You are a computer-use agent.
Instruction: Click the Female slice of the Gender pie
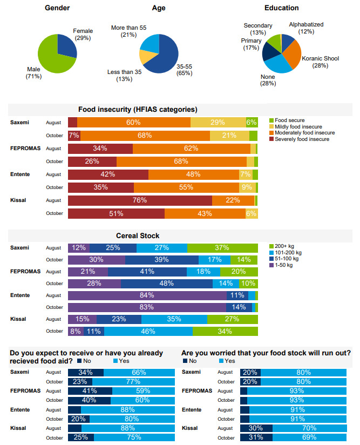[x=66, y=46]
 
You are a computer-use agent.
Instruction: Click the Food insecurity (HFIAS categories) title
[x=138, y=110]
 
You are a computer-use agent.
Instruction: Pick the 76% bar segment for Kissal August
[x=140, y=200]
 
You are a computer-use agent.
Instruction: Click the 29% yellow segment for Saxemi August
[x=218, y=123]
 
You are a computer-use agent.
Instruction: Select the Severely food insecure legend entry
[x=301, y=139]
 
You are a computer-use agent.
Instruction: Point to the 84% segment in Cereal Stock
[x=147, y=295]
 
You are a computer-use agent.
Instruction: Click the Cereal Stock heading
[x=138, y=235]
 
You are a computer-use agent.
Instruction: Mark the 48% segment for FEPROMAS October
[x=166, y=284]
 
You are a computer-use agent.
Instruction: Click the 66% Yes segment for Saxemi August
[x=139, y=372]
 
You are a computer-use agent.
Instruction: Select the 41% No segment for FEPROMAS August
[x=90, y=390]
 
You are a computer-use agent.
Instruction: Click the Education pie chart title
[x=281, y=8]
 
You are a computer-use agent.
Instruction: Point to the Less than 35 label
[x=124, y=72]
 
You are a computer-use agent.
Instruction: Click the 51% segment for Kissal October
[x=116, y=213]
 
